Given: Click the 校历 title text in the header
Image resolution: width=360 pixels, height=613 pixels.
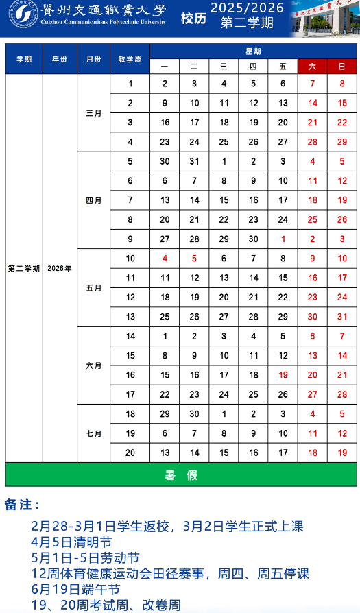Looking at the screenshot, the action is (193, 19).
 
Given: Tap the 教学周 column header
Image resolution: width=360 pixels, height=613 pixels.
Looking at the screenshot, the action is (130, 59).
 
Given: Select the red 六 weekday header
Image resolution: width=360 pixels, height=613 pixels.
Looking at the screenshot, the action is (313, 67).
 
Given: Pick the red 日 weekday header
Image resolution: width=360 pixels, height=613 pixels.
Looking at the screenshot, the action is (342, 67).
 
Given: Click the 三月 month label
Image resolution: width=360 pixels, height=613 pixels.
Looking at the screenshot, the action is (94, 113).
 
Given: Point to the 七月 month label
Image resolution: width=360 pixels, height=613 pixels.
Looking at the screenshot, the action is (94, 434).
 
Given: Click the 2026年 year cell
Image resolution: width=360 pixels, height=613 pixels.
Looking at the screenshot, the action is (60, 268).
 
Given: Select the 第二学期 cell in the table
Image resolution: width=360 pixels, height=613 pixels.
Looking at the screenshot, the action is (24, 268).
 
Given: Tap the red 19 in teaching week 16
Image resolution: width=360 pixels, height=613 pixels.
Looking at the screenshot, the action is (283, 375).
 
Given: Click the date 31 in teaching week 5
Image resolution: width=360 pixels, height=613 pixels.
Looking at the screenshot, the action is (195, 162).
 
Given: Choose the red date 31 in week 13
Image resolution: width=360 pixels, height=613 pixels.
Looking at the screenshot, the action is (342, 317).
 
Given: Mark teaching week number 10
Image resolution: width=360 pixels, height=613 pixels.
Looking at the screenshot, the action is (130, 259).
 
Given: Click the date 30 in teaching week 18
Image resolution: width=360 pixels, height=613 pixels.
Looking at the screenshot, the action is (195, 414).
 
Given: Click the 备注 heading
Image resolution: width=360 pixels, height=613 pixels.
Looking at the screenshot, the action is (23, 505).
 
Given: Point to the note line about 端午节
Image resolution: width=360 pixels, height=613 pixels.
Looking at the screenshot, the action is (75, 590).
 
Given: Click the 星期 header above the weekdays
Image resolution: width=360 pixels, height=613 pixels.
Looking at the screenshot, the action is (253, 51).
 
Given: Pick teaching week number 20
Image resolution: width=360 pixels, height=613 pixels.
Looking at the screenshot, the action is (130, 453).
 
